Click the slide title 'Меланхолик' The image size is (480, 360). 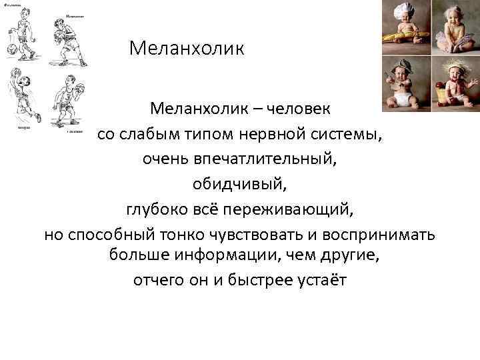[x=187, y=49]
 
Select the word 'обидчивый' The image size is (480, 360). [x=240, y=185]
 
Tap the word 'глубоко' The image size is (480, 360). [x=157, y=211]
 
